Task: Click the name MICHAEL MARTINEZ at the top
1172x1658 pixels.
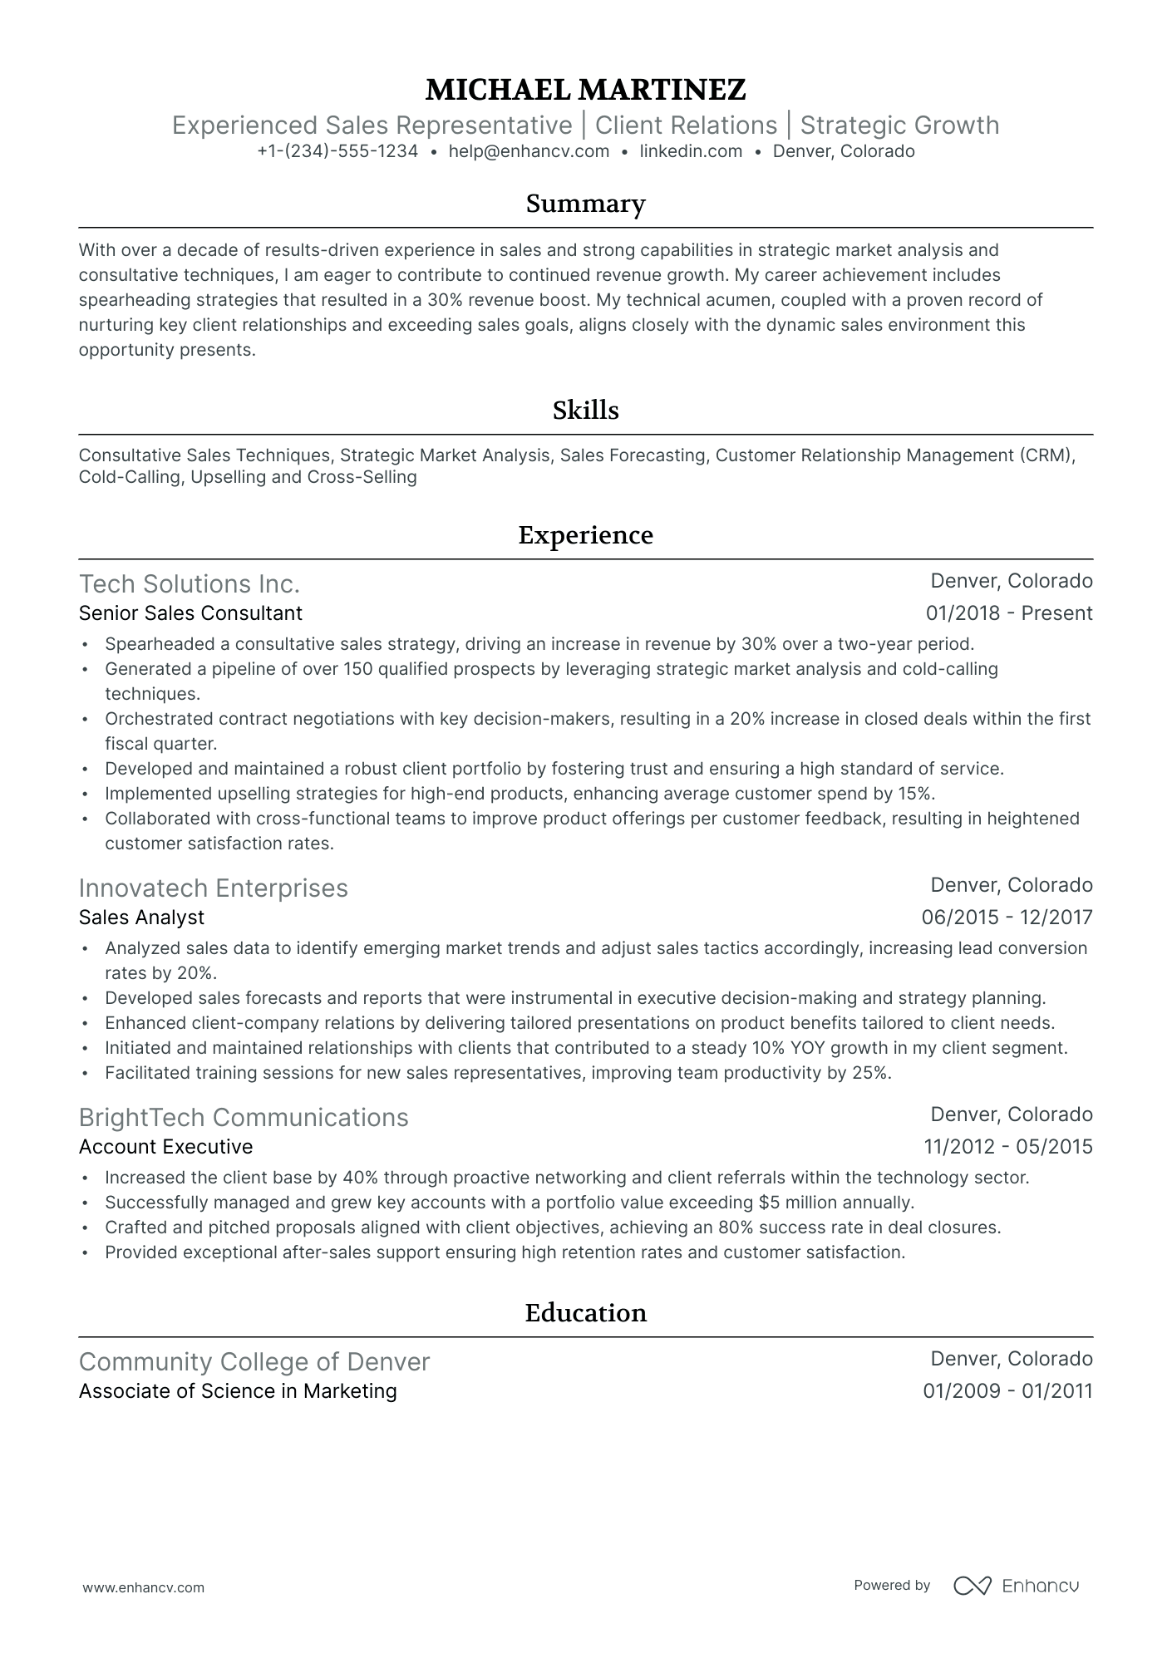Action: pos(585,89)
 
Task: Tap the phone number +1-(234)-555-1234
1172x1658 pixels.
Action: pos(337,151)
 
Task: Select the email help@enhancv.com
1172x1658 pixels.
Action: pos(529,151)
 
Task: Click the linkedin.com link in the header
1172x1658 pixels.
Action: pos(691,151)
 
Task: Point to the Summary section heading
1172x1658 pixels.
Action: pos(585,204)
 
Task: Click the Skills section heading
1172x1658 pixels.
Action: pos(585,411)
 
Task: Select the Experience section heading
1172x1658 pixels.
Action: pos(585,535)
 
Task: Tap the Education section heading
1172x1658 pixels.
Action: pos(585,1313)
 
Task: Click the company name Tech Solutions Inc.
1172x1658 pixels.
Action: pos(189,584)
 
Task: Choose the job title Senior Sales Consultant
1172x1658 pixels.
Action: pos(190,613)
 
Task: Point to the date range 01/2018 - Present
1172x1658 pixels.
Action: pos(1008,613)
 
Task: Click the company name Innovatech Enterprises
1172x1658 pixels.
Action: pos(213,888)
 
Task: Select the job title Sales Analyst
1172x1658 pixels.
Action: pos(141,918)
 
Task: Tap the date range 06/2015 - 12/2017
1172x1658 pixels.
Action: pos(1007,918)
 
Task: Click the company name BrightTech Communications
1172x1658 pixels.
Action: pos(244,1118)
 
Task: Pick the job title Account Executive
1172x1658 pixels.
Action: pos(165,1147)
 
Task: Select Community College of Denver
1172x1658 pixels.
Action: pos(254,1362)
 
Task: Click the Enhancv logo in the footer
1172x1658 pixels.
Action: pos(1016,1586)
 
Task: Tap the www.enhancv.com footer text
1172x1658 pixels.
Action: pos(143,1587)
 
